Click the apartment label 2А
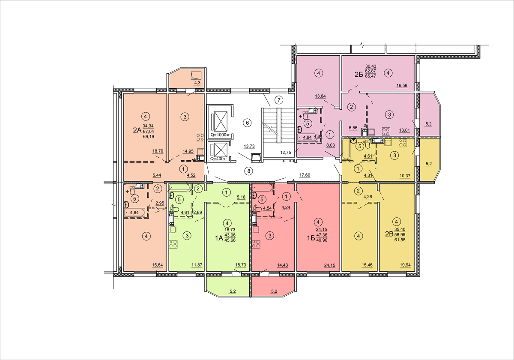coord(137,130)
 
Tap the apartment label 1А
coord(219,238)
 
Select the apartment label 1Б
coord(311,238)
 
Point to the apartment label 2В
coord(389,234)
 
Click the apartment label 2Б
coord(359,75)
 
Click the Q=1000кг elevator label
coord(220,135)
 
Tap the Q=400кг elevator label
coord(219,159)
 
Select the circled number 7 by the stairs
coord(279,100)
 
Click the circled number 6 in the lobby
coord(248,123)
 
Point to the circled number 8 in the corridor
coord(248,171)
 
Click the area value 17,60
coord(305,175)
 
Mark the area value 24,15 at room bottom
coord(329,265)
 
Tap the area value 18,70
coord(158,151)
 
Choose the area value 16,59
coord(402,86)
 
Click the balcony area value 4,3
coord(197,82)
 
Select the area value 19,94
coord(405,265)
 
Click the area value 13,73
coord(249,146)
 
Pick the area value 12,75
coord(285,153)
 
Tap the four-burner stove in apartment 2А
coord(200,137)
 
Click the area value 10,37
coord(405,176)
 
